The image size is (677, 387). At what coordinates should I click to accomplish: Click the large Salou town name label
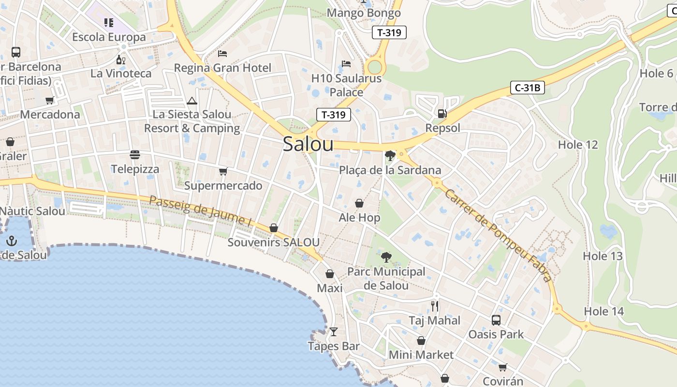tap(308, 144)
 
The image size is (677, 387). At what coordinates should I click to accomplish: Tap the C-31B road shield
tap(528, 88)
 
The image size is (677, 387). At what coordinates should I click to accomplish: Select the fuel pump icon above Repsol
tap(442, 114)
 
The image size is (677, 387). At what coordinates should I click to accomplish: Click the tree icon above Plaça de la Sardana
tap(390, 156)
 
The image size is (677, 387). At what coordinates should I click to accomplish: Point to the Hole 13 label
tap(603, 256)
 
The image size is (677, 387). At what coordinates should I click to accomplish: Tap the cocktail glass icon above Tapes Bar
tap(333, 332)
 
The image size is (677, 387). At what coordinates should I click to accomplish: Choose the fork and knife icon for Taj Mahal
tap(435, 306)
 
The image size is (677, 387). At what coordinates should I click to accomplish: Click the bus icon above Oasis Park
tap(496, 320)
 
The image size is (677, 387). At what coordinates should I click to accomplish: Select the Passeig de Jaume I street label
tap(201, 211)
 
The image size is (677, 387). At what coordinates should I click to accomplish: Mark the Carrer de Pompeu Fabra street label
tap(498, 235)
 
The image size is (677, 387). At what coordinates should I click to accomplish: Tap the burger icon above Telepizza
tap(135, 155)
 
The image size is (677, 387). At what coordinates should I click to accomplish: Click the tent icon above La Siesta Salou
tap(192, 101)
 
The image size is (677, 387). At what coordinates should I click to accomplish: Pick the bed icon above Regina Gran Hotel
tap(222, 53)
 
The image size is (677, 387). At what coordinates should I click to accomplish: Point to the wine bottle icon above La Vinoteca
tap(120, 60)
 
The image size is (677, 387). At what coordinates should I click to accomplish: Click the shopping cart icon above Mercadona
tap(49, 101)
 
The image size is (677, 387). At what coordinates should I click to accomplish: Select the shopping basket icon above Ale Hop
tap(359, 203)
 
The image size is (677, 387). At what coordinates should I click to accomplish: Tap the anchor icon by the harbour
tap(11, 240)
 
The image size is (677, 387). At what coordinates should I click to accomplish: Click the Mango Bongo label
tap(364, 13)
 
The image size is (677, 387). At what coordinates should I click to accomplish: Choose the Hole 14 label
tap(604, 311)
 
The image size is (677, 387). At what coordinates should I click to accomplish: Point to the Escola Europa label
tap(109, 37)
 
